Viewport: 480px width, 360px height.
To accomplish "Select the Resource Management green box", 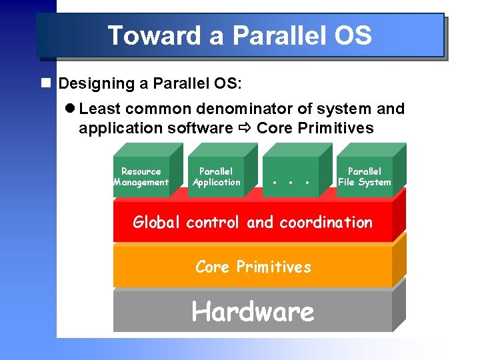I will coord(141,177).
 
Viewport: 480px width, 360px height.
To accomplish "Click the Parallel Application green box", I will coord(216,177).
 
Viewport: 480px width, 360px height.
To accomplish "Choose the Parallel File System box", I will coord(365,177).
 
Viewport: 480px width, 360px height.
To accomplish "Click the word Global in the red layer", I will coord(157,222).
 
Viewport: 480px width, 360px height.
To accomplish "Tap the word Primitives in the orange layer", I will coord(273,267).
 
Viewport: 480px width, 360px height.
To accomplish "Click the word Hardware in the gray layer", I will coord(253,311).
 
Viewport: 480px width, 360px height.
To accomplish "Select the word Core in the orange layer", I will coord(212,267).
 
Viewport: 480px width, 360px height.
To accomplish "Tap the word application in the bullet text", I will coord(118,128).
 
